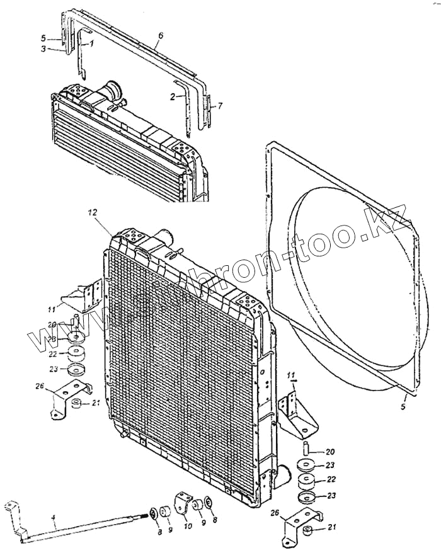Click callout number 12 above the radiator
click(x=93, y=214)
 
